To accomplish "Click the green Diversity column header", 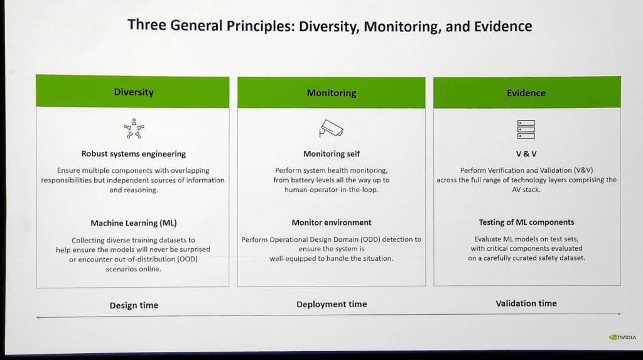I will (133, 92).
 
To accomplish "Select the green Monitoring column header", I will (331, 93).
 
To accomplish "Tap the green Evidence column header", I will (526, 93).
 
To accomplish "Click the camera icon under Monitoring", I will (332, 128).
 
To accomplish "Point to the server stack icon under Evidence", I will (526, 129).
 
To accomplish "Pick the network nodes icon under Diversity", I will (134, 128).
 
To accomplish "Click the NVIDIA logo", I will (622, 337).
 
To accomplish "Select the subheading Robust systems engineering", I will (134, 154).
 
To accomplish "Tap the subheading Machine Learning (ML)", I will (133, 223).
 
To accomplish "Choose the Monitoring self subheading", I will (332, 154).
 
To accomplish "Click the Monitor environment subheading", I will (332, 222).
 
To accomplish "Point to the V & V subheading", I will (526, 154).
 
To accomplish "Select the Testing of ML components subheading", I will (526, 222).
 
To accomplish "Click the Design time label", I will (134, 305).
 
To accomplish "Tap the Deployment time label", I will (332, 304).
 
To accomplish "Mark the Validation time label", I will (526, 303).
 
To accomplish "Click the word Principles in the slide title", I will (263, 26).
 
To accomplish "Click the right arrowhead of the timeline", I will (619, 314).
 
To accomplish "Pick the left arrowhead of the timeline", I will (39, 318).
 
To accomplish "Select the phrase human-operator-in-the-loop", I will (332, 190).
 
